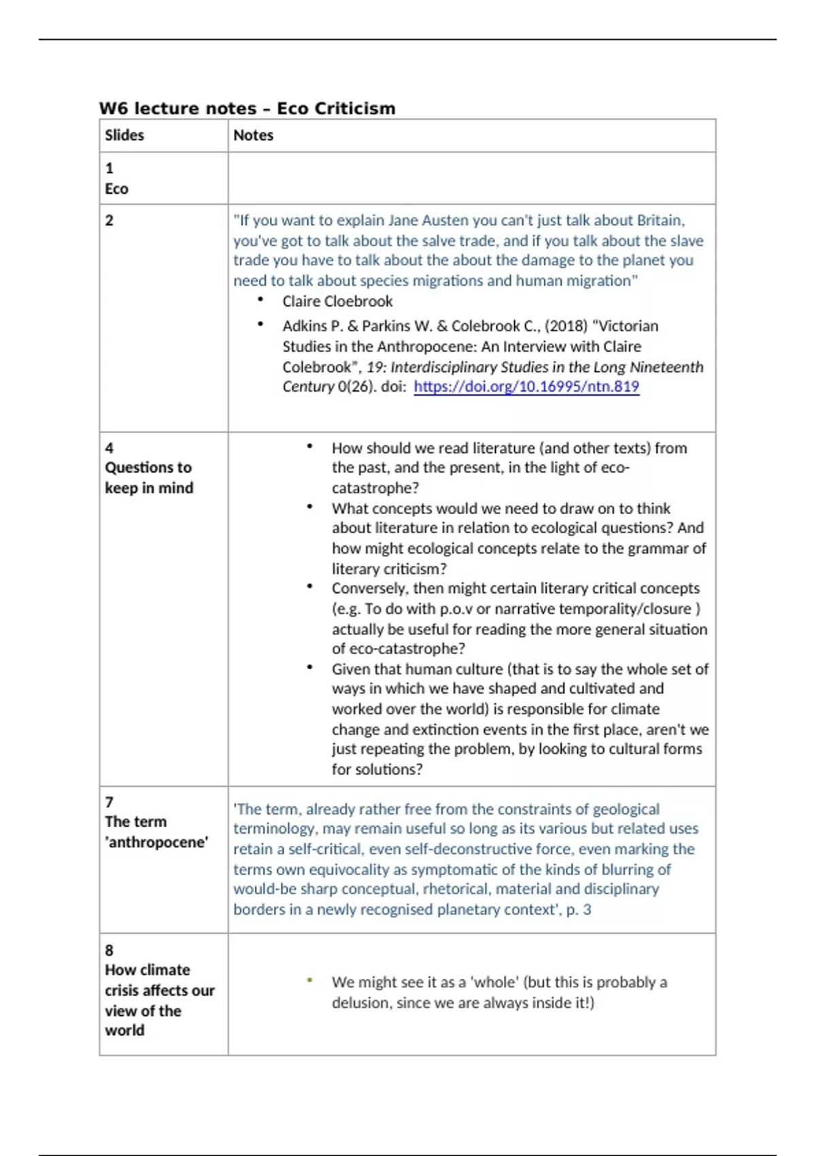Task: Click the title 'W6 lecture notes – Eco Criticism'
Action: pos(247,108)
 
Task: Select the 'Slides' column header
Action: pos(124,135)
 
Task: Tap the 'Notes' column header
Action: pos(253,135)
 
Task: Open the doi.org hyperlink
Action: pos(526,387)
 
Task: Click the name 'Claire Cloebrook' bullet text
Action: pos(337,301)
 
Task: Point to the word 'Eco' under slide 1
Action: pos(116,189)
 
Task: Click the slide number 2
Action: pos(109,220)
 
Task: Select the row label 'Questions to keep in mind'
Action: pos(148,477)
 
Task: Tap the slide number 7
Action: pos(109,802)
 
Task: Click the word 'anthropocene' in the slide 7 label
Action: pos(157,843)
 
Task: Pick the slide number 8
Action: pos(109,950)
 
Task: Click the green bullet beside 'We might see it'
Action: pos(309,980)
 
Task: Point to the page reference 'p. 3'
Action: pos(579,910)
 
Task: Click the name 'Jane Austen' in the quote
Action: pos(428,220)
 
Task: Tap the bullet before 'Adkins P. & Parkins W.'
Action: pos(260,324)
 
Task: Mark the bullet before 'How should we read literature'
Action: pos(309,446)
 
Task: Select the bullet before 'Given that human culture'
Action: pos(309,667)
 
